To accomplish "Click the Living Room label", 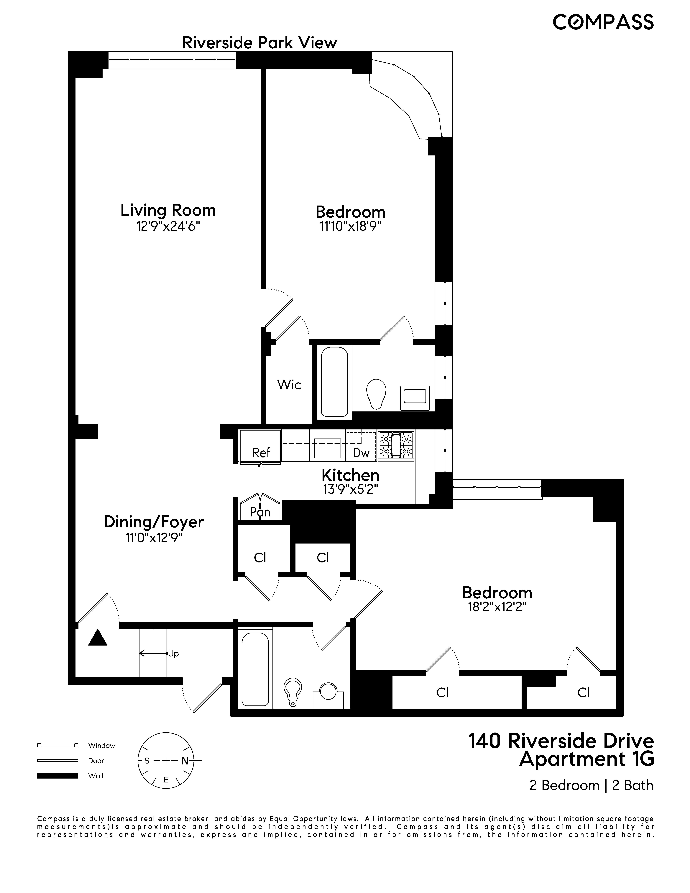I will [x=168, y=210].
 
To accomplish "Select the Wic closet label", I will [x=289, y=385].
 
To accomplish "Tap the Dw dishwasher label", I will [x=361, y=453].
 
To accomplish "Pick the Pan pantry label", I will [x=260, y=512].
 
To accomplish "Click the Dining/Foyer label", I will [x=154, y=522].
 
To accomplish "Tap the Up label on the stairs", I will [x=173, y=654].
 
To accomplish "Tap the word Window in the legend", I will [x=102, y=745].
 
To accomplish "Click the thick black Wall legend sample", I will [x=58, y=776].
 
